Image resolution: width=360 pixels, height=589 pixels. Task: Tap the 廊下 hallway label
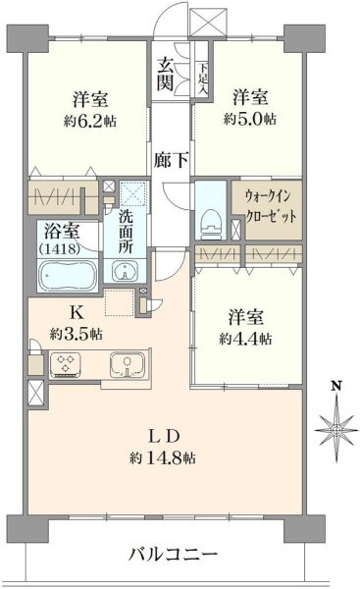tap(171, 161)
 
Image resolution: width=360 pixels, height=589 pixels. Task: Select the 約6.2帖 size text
tap(89, 121)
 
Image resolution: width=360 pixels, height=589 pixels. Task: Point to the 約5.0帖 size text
tap(250, 119)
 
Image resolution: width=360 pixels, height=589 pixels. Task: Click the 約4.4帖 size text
tap(246, 339)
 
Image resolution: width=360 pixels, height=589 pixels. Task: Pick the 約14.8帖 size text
tap(162, 457)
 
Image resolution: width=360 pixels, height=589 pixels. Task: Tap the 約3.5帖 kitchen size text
tap(77, 333)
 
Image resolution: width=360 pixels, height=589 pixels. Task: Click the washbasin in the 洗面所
tap(125, 271)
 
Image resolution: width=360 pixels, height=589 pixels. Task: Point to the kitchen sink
tap(128, 364)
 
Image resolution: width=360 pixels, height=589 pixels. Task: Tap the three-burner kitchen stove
tap(66, 363)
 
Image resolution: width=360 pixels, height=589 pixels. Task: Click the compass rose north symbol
tap(336, 430)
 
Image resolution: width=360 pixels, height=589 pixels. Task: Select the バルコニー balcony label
tap(173, 554)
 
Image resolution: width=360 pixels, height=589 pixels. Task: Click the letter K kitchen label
tap(76, 312)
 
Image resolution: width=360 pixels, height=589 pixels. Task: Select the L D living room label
tap(163, 437)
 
